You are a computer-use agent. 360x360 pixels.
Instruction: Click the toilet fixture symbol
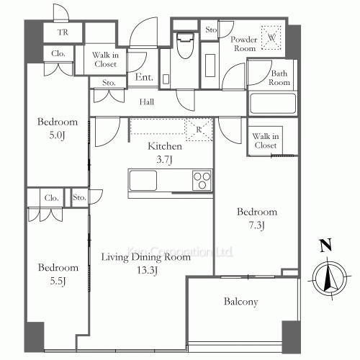click(x=185, y=45)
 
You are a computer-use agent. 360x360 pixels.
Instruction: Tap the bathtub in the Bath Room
click(x=273, y=103)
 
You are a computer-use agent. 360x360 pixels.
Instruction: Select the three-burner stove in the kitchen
click(x=202, y=180)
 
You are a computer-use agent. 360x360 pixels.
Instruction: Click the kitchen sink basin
click(x=143, y=180)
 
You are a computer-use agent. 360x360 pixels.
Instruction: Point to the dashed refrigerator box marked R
click(x=199, y=130)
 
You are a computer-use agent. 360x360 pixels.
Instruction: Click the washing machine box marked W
click(x=271, y=37)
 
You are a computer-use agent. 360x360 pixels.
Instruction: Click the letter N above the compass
click(x=325, y=245)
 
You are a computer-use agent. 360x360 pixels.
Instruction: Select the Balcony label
click(x=240, y=302)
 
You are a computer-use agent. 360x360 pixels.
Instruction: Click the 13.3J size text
click(x=147, y=271)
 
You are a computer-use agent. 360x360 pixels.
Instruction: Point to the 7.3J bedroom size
click(x=257, y=225)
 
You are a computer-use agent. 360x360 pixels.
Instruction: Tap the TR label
click(x=63, y=32)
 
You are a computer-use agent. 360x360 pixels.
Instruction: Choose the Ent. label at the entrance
click(x=144, y=77)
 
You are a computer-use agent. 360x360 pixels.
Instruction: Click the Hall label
click(x=147, y=102)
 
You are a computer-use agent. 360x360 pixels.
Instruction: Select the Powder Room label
click(x=244, y=44)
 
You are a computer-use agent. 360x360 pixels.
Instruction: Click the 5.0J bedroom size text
click(x=57, y=135)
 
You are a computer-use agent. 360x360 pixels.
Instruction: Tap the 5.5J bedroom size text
click(x=58, y=281)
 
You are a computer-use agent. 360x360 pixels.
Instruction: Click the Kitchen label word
click(x=165, y=146)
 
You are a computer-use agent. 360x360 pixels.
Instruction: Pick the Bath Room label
click(x=279, y=78)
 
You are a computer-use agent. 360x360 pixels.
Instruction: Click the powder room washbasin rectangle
click(x=210, y=66)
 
